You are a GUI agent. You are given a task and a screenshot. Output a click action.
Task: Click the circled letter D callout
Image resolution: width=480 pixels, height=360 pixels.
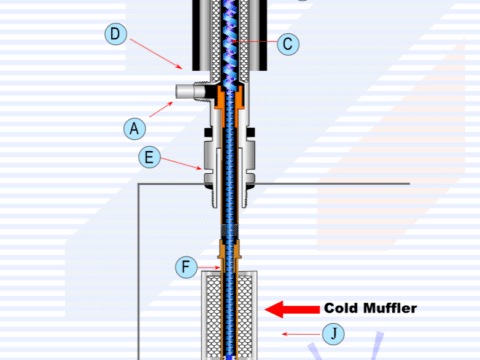pos(116,34)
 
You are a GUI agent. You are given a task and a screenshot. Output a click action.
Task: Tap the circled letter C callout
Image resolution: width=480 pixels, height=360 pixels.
pos(288,44)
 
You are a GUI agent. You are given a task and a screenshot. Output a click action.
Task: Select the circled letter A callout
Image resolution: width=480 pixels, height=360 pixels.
pos(135,128)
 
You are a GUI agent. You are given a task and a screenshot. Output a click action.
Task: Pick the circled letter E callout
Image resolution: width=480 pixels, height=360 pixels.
pos(149,157)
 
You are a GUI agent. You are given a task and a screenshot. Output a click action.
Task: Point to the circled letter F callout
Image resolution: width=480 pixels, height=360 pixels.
pos(186,267)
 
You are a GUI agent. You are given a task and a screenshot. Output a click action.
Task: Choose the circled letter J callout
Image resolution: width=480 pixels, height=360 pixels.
pos(333,334)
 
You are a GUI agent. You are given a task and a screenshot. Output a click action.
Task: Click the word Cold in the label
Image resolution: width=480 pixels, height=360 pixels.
pos(341,308)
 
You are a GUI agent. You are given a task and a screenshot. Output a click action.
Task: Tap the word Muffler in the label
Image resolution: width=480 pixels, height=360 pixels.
pos(390,308)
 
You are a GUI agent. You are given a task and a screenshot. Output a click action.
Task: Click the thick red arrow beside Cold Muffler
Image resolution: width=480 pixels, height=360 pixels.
pos(292,309)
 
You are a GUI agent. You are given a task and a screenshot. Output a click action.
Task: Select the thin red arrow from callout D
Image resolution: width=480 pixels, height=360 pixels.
pos(156,54)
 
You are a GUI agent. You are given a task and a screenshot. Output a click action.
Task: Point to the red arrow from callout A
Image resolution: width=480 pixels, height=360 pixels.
pos(161,109)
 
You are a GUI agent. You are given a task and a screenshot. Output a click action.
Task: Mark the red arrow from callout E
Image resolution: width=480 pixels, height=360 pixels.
pos(181,163)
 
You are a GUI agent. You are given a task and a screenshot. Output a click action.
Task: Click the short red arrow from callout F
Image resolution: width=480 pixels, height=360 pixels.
pos(209,267)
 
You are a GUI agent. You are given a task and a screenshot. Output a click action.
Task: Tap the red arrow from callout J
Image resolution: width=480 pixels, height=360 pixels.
pos(302,334)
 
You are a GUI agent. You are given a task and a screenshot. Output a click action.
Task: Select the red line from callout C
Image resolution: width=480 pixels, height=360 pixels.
pos(255,42)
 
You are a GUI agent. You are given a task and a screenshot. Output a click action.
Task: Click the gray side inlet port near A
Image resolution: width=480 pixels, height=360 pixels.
pos(190,91)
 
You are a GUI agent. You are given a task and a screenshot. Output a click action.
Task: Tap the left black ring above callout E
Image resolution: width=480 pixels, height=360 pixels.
pos(208,132)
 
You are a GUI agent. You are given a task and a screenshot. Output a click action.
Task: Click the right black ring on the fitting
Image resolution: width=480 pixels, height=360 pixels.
pos(251,132)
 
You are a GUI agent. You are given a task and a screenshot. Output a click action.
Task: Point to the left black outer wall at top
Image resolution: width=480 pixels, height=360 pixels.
pos(196,35)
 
